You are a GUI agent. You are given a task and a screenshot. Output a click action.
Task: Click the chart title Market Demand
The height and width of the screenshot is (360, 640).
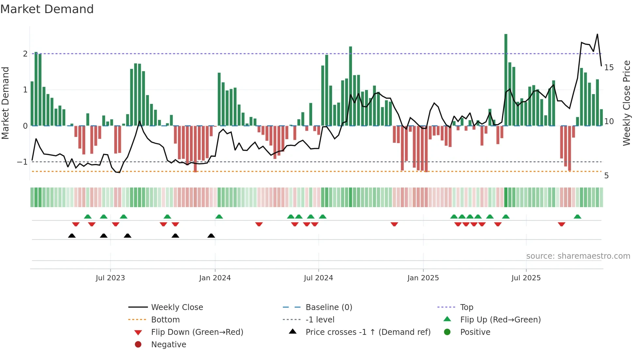[47, 9]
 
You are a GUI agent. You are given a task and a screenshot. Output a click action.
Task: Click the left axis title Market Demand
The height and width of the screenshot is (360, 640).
[6, 103]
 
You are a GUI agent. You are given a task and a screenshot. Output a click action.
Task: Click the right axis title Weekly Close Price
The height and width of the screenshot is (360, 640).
[626, 103]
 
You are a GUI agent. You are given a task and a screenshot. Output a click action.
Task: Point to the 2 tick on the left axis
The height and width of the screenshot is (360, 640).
[25, 54]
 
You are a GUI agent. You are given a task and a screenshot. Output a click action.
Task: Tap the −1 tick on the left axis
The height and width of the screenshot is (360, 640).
[23, 162]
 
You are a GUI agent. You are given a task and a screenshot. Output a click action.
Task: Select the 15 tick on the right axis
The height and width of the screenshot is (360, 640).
[609, 68]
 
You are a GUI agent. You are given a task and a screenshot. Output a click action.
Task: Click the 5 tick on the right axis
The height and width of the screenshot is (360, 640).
[606, 176]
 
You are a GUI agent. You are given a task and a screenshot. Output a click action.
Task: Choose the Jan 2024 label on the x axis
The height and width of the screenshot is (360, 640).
[215, 278]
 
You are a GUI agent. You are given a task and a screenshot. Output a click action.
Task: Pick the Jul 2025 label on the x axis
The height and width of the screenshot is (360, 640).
[526, 278]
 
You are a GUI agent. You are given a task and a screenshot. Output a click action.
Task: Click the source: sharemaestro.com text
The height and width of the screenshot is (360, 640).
[578, 256]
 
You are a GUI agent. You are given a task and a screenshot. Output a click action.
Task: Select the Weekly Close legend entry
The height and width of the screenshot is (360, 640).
[177, 307]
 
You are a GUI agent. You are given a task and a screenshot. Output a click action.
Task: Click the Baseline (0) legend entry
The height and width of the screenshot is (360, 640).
[328, 307]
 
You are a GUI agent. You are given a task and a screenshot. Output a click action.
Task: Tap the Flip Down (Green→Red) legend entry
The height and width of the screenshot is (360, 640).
[197, 332]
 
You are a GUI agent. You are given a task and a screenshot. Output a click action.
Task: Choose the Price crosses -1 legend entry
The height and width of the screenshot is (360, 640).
[368, 332]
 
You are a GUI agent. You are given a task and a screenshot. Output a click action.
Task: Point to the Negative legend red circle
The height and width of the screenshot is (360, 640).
[138, 344]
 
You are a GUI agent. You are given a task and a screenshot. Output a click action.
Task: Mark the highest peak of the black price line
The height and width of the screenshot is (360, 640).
[597, 34]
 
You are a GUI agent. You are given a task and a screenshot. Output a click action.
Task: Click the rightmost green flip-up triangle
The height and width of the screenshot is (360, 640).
[577, 217]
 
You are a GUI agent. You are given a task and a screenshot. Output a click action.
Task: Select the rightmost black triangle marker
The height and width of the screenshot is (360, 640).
[211, 236]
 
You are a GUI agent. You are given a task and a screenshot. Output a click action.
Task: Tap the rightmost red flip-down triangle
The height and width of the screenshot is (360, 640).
[562, 224]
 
